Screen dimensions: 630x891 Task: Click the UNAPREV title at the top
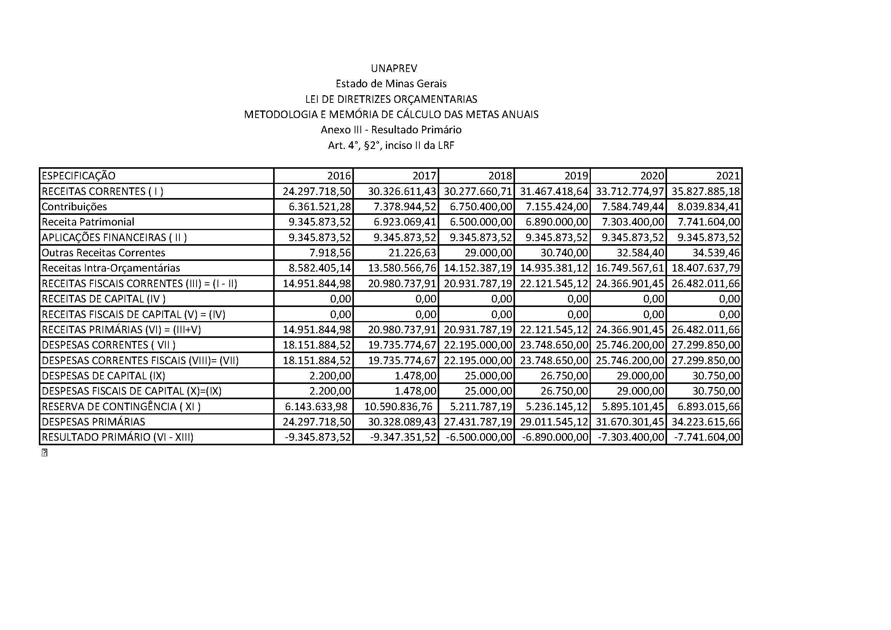(x=394, y=69)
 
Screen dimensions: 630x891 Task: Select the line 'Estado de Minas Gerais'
(x=391, y=84)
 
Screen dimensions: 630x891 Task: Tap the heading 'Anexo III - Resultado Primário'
(x=391, y=130)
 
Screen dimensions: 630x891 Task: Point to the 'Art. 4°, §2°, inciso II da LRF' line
(x=391, y=146)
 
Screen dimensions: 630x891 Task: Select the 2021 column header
(x=728, y=176)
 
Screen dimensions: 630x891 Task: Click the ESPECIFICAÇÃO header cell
(x=79, y=176)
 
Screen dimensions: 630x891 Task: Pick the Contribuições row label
(x=74, y=207)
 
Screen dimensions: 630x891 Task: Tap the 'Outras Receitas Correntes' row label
(x=103, y=253)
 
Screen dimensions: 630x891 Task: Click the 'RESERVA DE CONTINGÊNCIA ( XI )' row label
(x=121, y=406)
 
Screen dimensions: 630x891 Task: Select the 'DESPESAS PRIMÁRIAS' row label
(x=94, y=422)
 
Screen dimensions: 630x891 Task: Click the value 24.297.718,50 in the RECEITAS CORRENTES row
(x=317, y=192)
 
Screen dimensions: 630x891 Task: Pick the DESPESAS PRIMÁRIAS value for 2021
(x=706, y=422)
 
